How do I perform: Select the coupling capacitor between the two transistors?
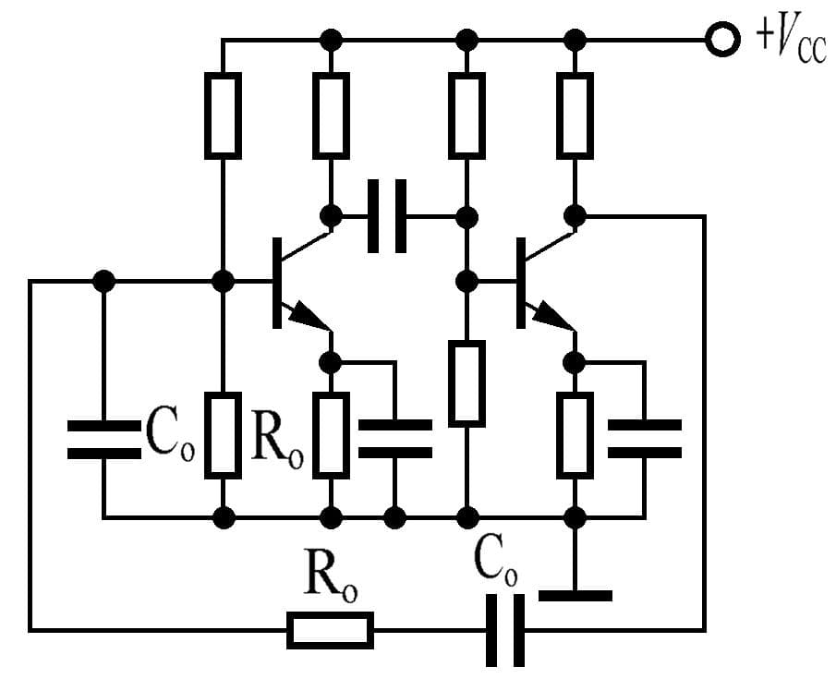tap(387, 217)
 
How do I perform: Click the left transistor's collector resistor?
tap(331, 115)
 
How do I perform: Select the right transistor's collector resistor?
tap(575, 115)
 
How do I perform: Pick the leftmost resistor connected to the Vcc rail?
tap(223, 115)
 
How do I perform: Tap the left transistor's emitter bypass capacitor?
tap(394, 438)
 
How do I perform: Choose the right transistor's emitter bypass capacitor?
tap(644, 438)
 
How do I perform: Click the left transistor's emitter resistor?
tap(331, 434)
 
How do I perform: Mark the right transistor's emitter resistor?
tap(575, 434)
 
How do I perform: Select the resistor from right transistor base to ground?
tap(467, 383)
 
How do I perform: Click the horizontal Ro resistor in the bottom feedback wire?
tap(331, 630)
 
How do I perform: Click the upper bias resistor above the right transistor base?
tap(467, 115)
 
